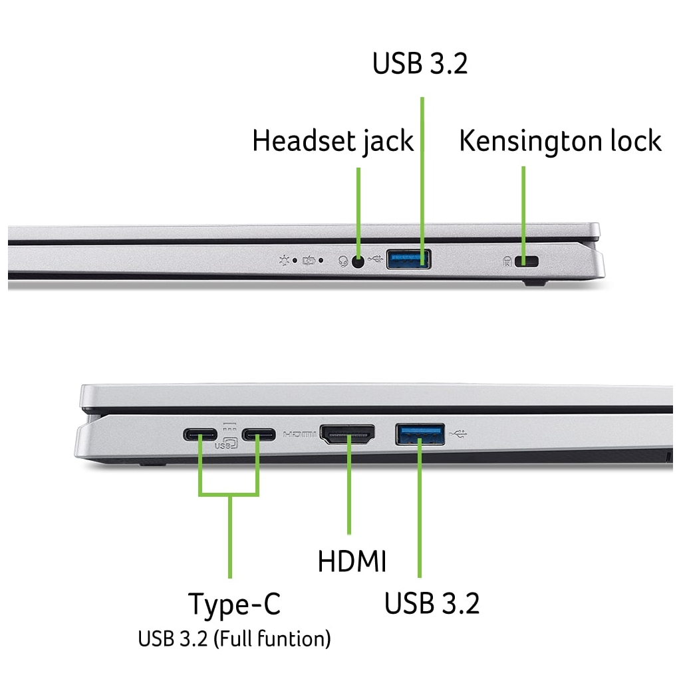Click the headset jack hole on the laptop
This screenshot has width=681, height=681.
pyautogui.click(x=359, y=261)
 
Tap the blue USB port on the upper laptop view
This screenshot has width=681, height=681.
pyautogui.click(x=408, y=258)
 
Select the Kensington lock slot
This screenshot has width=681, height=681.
pyautogui.click(x=530, y=261)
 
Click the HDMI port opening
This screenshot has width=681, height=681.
pyautogui.click(x=348, y=435)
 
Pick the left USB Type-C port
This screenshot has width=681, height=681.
pyautogui.click(x=200, y=436)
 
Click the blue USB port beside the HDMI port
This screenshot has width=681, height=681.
pyautogui.click(x=420, y=434)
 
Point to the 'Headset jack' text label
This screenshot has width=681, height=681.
pyautogui.click(x=333, y=142)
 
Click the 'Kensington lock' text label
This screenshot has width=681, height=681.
pyautogui.click(x=560, y=142)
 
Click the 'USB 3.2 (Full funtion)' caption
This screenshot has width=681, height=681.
pyautogui.click(x=234, y=640)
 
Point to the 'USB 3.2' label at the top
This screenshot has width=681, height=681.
pyautogui.click(x=420, y=64)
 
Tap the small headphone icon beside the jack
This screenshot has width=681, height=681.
pyautogui.click(x=344, y=261)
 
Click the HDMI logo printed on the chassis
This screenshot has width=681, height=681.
pyautogui.click(x=300, y=435)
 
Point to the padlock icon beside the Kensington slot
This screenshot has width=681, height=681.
pyautogui.click(x=507, y=261)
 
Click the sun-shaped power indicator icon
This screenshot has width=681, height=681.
pyautogui.click(x=285, y=260)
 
